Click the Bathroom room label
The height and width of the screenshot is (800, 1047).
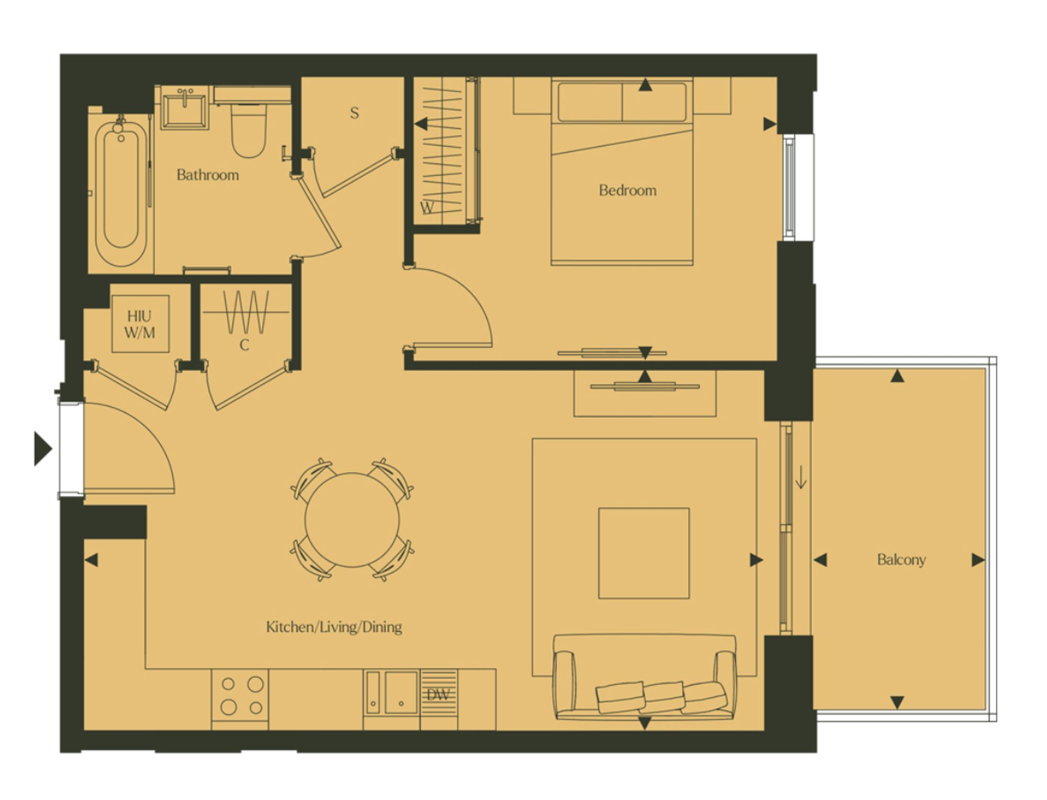(208, 175)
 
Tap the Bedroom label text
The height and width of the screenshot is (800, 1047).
(628, 190)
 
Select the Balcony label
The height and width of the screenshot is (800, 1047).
(901, 560)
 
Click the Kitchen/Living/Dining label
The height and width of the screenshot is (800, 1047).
(334, 627)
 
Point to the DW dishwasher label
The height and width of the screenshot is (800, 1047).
(438, 695)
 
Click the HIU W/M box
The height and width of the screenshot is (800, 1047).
(140, 324)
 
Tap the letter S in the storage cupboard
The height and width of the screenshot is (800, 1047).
(354, 113)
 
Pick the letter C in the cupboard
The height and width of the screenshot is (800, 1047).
(244, 345)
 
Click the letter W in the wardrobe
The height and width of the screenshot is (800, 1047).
(427, 208)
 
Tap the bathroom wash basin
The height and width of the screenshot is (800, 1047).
(184, 107)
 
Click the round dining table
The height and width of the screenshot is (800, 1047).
(352, 520)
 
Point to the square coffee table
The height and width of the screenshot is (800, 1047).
(644, 553)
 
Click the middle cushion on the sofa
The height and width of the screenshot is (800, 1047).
(664, 696)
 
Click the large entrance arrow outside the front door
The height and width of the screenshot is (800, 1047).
(43, 449)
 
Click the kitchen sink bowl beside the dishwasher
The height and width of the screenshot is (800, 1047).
(402, 693)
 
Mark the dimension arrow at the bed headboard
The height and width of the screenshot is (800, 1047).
(645, 85)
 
